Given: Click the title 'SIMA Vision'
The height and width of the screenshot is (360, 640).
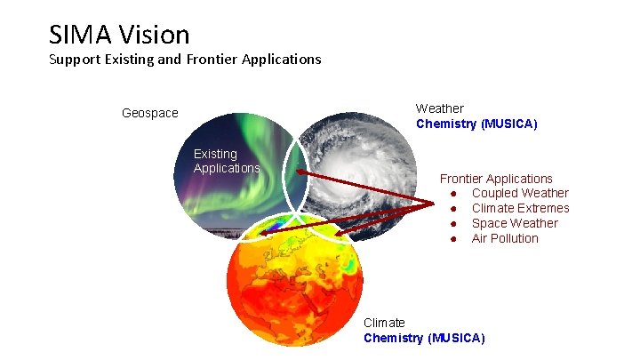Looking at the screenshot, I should (119, 35).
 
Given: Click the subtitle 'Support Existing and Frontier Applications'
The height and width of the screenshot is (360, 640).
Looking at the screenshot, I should (185, 60).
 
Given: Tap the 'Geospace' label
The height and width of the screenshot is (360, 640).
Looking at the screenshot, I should (149, 114).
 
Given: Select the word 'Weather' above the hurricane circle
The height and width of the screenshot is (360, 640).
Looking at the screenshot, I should (439, 108).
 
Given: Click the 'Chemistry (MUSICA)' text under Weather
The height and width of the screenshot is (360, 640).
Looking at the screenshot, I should (476, 124).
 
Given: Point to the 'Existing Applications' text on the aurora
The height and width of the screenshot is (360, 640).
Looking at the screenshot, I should (226, 161).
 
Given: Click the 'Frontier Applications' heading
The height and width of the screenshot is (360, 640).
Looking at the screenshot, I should (496, 179).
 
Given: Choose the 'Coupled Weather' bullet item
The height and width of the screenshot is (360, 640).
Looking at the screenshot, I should (520, 194).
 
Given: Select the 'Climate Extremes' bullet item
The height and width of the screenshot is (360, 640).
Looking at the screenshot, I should (520, 209).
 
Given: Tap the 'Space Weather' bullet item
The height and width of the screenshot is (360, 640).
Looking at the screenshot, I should (515, 223).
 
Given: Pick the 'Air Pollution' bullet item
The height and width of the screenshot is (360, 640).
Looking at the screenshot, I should (505, 238).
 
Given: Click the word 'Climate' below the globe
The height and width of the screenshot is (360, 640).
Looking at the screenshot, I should (384, 323).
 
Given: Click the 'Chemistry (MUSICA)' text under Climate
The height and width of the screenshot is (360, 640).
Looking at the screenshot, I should (424, 338).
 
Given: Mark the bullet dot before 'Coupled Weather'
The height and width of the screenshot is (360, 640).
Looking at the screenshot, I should (453, 194).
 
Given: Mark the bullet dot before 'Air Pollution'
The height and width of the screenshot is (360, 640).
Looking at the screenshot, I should (453, 238).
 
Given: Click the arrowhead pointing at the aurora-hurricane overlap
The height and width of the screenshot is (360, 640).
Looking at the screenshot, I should (300, 172).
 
